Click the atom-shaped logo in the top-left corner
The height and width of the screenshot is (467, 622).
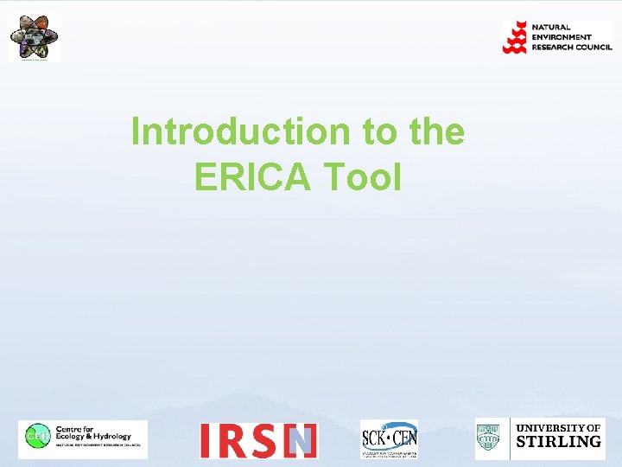35,37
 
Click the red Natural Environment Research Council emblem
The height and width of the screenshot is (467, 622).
515,37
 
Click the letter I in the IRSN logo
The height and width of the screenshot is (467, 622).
206,441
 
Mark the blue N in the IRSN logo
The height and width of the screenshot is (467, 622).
301,441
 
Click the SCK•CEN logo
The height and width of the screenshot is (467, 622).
389,439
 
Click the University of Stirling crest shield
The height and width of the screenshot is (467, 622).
491,438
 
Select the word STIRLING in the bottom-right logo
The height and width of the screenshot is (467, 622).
558,443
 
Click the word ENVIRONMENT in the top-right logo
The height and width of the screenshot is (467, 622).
562,37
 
